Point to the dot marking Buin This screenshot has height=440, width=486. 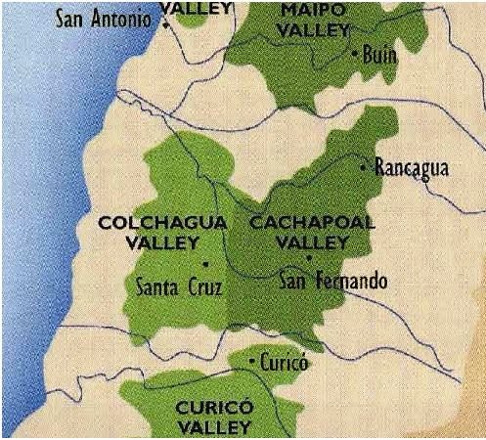coord(354,55)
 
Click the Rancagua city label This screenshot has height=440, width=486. coord(411,168)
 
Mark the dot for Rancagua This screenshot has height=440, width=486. coord(364,168)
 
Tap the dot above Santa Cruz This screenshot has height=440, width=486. coord(204,264)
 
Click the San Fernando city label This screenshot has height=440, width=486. coord(332,282)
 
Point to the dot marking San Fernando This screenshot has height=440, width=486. coord(308,258)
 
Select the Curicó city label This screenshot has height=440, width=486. coord(285,364)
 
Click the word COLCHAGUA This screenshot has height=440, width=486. coord(162,223)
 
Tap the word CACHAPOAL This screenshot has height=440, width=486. coord(312,223)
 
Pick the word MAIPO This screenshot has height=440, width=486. coord(312,10)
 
